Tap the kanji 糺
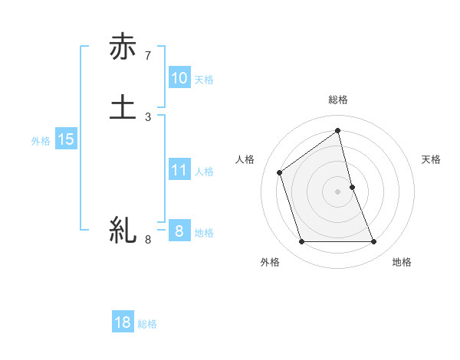coord(123,229)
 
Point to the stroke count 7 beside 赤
coord(148,56)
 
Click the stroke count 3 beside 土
coord(148,116)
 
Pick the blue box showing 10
coord(179,78)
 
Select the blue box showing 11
coord(179,170)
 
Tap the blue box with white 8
coord(179,231)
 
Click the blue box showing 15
coord(65,139)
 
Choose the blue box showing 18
coord(123,322)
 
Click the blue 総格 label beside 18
coord(147,324)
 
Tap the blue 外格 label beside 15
coord(41,141)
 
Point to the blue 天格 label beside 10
coord(204,80)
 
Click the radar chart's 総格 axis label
coord(338,100)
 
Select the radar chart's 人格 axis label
coord(245,159)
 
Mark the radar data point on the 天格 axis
coord(352,187)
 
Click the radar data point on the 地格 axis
coord(374,242)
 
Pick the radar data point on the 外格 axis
coord(301,242)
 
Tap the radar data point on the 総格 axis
coord(338,130)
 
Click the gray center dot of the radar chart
coord(338,191)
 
